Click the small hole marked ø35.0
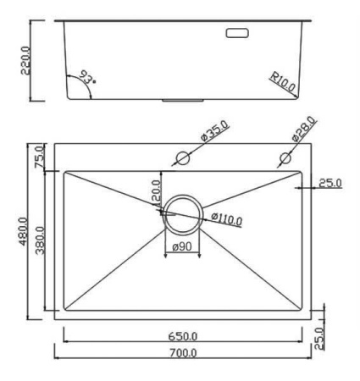[x=181, y=157]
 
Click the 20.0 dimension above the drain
[x=155, y=190]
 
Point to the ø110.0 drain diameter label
[x=227, y=219]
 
